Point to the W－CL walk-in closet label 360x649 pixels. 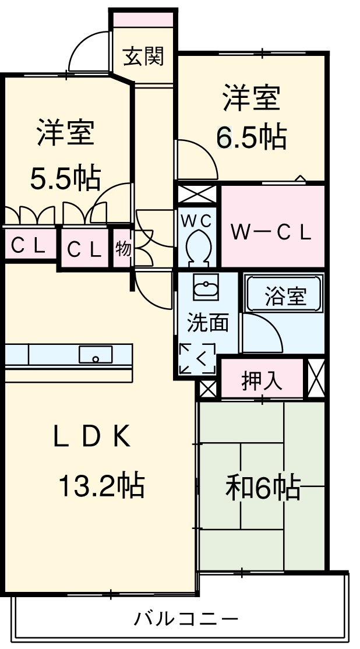coord(271,232)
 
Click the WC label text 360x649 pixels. coord(197,221)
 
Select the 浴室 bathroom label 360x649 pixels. coord(285,297)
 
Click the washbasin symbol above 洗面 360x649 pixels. coord(206,288)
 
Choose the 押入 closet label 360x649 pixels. coord(262,381)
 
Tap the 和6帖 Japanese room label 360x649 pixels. coord(263,488)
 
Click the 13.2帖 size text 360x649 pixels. coord(101,485)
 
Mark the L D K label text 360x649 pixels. coord(91,436)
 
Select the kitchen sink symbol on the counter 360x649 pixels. coord(96,354)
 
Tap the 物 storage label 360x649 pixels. coord(123,249)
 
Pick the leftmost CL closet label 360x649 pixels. coord(27,246)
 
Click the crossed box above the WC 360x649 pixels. coord(197,193)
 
